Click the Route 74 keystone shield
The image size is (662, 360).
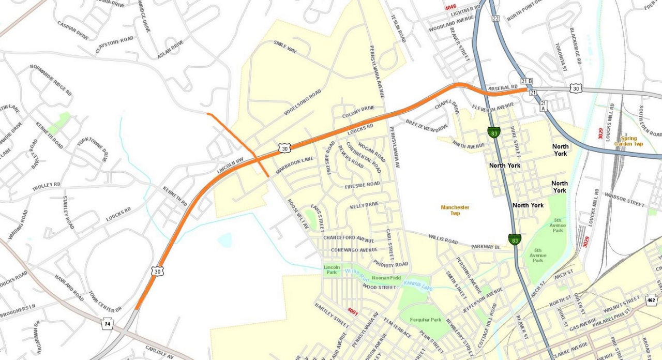point(107,324)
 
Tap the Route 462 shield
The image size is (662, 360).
point(651,300)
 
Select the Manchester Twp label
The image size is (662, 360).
point(455,210)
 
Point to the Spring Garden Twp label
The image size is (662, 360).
point(629,141)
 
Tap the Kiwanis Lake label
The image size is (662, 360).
point(417,284)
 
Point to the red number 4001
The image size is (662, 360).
point(353,311)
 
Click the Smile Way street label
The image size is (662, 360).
point(285,48)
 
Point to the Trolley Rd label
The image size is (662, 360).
point(46,185)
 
